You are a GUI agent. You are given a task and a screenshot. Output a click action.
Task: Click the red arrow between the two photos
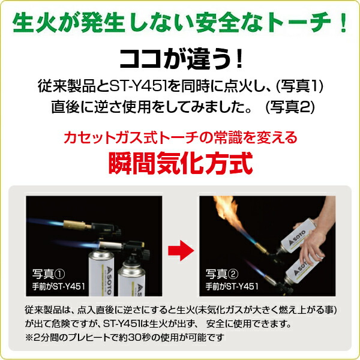point(181,250)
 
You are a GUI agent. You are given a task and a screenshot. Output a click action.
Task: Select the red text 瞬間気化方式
point(181,163)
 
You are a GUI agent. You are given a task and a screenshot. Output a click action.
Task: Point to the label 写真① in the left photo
point(49,274)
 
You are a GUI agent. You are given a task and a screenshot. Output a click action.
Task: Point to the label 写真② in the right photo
point(222,274)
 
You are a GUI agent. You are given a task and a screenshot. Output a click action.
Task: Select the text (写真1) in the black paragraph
point(299,86)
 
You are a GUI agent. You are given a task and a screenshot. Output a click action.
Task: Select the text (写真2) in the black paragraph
point(290,107)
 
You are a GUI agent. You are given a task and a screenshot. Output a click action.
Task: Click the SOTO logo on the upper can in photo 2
point(297,238)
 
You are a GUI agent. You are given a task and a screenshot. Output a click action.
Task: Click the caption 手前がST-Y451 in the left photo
point(59,287)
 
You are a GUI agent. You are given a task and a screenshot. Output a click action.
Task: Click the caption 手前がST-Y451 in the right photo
point(232,287)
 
